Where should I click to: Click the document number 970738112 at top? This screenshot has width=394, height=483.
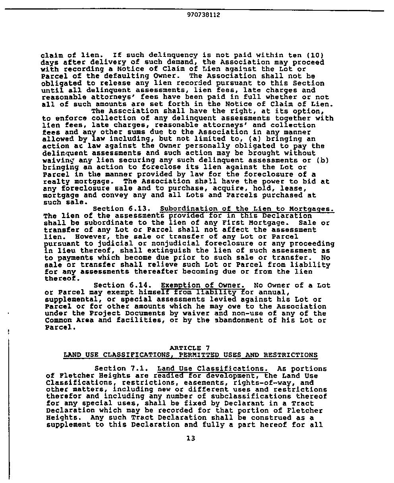(203, 15)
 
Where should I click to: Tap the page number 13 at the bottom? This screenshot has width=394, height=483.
(191, 439)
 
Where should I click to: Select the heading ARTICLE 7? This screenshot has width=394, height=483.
(189, 348)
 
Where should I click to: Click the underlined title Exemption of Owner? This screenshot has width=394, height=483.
(203, 286)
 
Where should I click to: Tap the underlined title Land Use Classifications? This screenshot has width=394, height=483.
(212, 369)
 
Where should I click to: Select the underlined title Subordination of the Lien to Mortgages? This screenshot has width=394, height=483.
(247, 209)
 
